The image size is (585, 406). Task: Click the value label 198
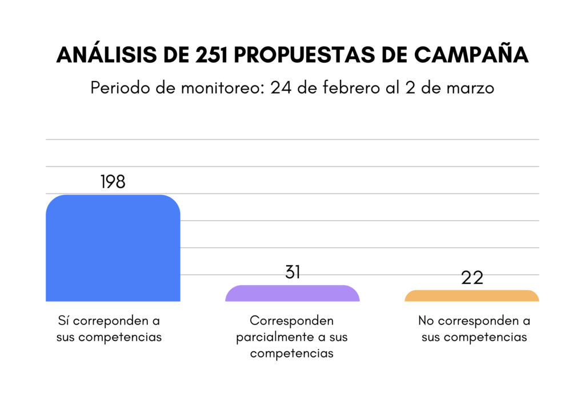coord(113,182)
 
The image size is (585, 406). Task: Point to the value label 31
coord(292,272)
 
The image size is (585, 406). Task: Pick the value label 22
coord(471,278)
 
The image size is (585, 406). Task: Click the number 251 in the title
coord(211,55)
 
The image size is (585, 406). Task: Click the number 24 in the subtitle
coord(280,88)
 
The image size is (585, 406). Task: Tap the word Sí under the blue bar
coord(64,320)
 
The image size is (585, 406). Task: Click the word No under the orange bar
coord(425,320)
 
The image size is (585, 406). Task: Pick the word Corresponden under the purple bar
coord(291,320)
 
